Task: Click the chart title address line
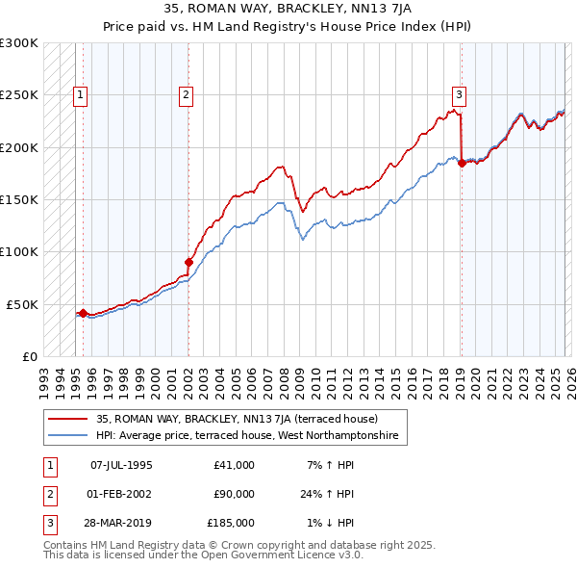click(288, 8)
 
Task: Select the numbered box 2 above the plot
click(185, 94)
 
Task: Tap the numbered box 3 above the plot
click(460, 94)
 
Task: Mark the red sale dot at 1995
click(83, 313)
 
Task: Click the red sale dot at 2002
click(188, 261)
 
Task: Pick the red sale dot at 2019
click(462, 163)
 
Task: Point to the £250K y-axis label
click(19, 95)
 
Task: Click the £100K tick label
click(19, 251)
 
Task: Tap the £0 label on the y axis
click(29, 356)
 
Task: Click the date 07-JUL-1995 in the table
click(121, 465)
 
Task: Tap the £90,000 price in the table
click(234, 494)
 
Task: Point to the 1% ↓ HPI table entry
click(331, 523)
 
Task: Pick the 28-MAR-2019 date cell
click(121, 523)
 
